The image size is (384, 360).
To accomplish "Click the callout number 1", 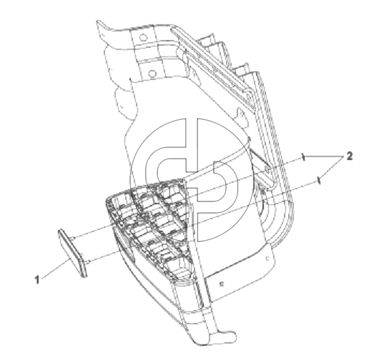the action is point(37,280).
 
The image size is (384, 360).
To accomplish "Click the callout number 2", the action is point(350,156).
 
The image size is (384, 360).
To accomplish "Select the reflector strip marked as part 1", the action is point(72,253).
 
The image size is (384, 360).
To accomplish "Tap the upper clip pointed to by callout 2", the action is point(303,157).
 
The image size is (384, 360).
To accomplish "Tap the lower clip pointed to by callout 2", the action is point(319,180).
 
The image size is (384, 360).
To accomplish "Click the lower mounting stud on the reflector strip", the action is point(89,262).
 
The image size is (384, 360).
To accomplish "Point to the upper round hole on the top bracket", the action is point(143,38).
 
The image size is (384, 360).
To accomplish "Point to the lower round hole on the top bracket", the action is point(152,73).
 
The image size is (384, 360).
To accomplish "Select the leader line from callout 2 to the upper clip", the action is point(325,156).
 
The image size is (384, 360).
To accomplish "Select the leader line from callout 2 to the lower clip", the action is point(333,169).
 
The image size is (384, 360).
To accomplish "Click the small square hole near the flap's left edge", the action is point(222,284).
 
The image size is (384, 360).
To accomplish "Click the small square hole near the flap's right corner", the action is point(267,258).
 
